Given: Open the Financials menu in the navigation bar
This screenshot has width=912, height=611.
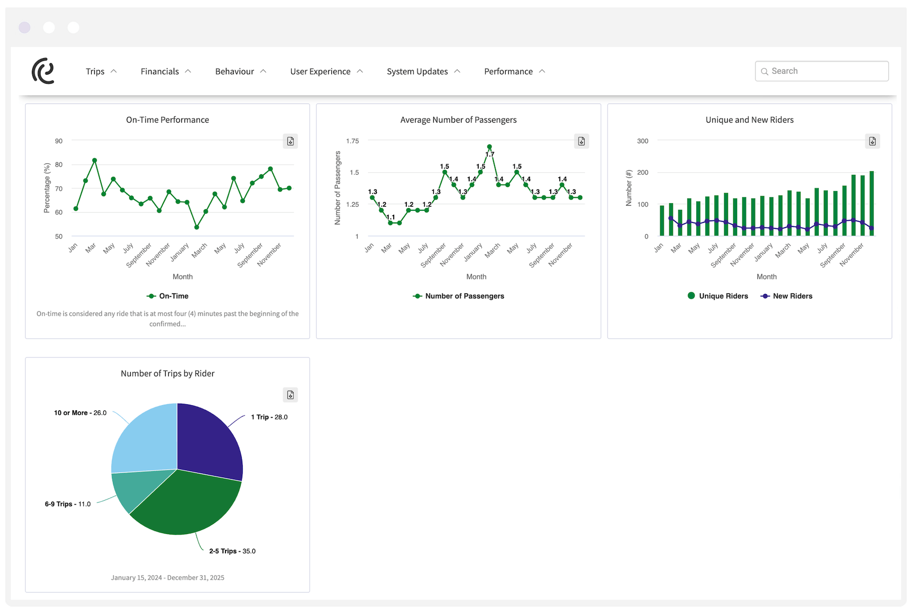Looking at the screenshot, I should [x=165, y=71].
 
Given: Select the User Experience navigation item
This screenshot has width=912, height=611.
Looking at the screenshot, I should [x=326, y=71].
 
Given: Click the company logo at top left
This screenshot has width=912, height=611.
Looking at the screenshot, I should [x=43, y=70].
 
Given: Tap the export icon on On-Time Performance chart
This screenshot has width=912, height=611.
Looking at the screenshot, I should [x=290, y=141].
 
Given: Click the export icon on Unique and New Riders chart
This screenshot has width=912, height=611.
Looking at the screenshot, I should [x=872, y=141].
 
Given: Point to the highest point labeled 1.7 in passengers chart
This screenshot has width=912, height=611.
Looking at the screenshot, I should [x=489, y=147].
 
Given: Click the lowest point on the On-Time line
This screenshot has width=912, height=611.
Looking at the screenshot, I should [x=197, y=227].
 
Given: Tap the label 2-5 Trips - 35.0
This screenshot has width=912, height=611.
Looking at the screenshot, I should [x=232, y=551].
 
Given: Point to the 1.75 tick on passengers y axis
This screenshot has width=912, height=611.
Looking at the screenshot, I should [x=352, y=141].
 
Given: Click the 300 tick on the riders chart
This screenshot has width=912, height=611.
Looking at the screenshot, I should [x=642, y=141].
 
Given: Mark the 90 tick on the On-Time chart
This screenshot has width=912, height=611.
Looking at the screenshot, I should [x=59, y=141].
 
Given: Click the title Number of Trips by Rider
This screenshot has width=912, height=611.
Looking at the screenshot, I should [x=167, y=373].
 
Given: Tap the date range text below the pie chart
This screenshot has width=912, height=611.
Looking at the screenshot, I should [x=167, y=578].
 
